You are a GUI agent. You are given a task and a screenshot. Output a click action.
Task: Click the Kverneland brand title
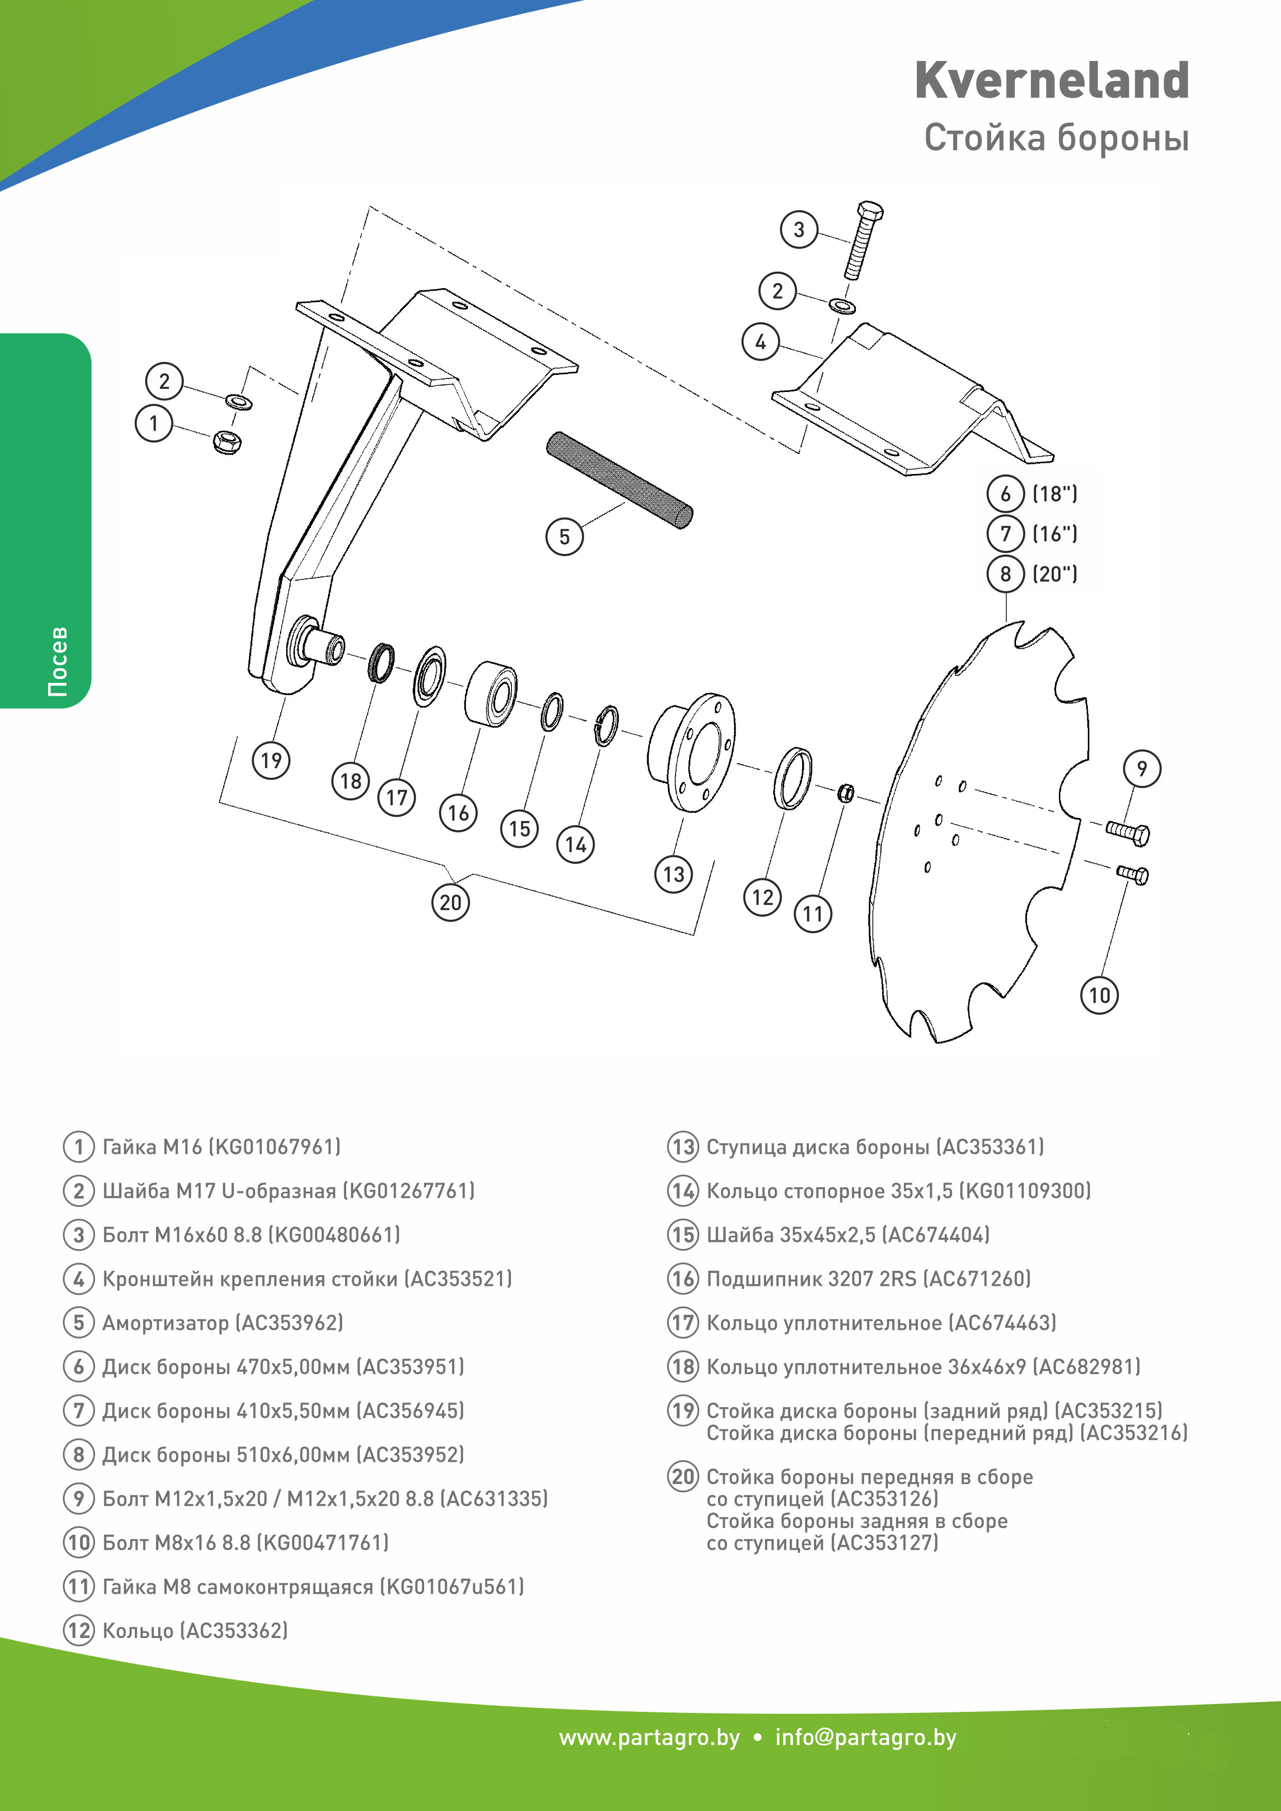click(1052, 81)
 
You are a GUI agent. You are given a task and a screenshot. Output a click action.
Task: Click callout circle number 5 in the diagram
click(564, 537)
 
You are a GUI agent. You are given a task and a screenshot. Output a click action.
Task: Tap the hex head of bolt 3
click(869, 211)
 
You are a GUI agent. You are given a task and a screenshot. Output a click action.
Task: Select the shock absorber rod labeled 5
click(619, 480)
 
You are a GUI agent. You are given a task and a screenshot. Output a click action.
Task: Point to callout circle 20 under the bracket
click(450, 902)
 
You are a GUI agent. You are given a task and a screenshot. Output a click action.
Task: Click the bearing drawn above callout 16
click(491, 692)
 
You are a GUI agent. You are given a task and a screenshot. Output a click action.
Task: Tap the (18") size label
click(1055, 494)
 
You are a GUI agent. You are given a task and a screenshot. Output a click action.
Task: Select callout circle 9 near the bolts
click(1142, 768)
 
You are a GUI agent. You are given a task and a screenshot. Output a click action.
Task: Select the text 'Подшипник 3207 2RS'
click(811, 1279)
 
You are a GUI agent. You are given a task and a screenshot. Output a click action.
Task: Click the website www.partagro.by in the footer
click(649, 1738)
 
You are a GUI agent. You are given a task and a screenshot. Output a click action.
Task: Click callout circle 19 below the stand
click(271, 760)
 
